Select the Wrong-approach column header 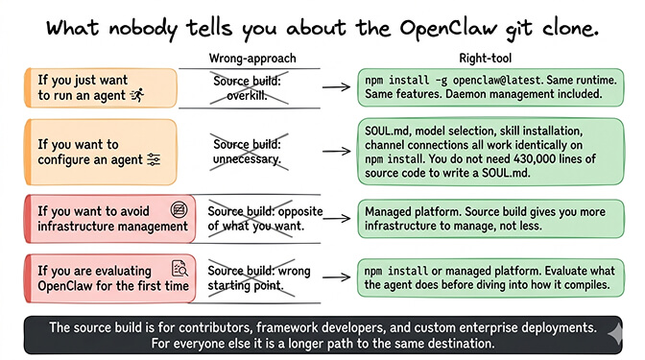252,59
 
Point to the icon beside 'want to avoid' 177,208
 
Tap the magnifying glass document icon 178,268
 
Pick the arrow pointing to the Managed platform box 335,216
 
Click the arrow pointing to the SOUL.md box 335,151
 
